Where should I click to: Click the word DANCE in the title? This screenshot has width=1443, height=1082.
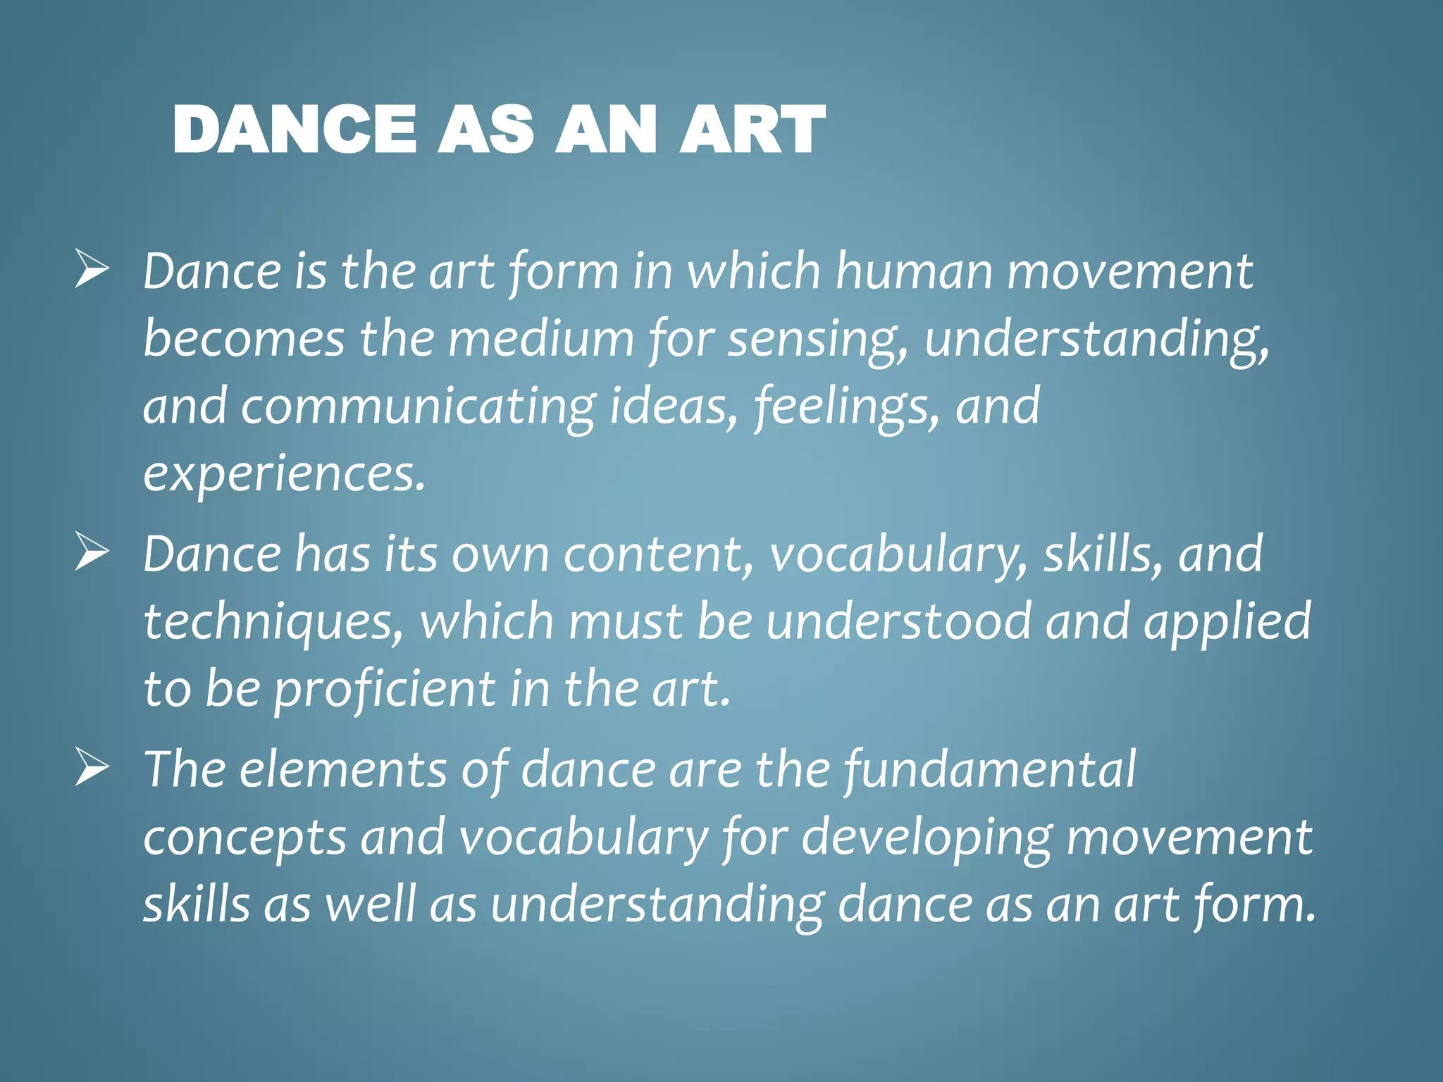(294, 129)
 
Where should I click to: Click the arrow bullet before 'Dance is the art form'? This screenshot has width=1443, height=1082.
(92, 270)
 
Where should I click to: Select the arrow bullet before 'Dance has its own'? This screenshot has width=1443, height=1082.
(92, 553)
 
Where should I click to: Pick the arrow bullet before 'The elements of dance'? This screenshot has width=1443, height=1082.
(92, 768)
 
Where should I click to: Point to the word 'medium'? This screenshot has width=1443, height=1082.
(540, 338)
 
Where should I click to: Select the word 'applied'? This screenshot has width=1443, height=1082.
(1227, 622)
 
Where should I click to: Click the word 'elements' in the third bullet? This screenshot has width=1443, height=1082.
(343, 769)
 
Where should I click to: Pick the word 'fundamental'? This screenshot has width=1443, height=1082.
(990, 769)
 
